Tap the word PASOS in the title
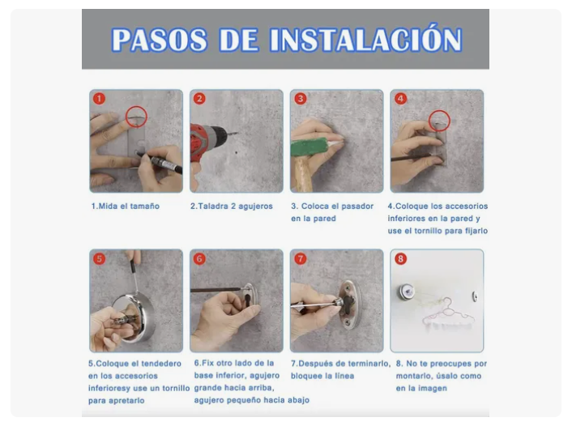[160, 40]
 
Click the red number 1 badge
[99, 99]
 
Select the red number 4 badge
[400, 99]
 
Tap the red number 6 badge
[199, 259]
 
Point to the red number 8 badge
[400, 259]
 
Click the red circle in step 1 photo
[136, 106]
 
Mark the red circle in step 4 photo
[439, 110]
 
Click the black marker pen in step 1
[160, 163]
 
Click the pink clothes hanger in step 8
[450, 313]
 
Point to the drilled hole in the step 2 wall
[237, 152]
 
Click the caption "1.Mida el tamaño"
[125, 206]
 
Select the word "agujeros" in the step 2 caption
[255, 207]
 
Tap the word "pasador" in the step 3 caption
[355, 207]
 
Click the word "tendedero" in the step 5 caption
[161, 364]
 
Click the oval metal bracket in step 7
[349, 305]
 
